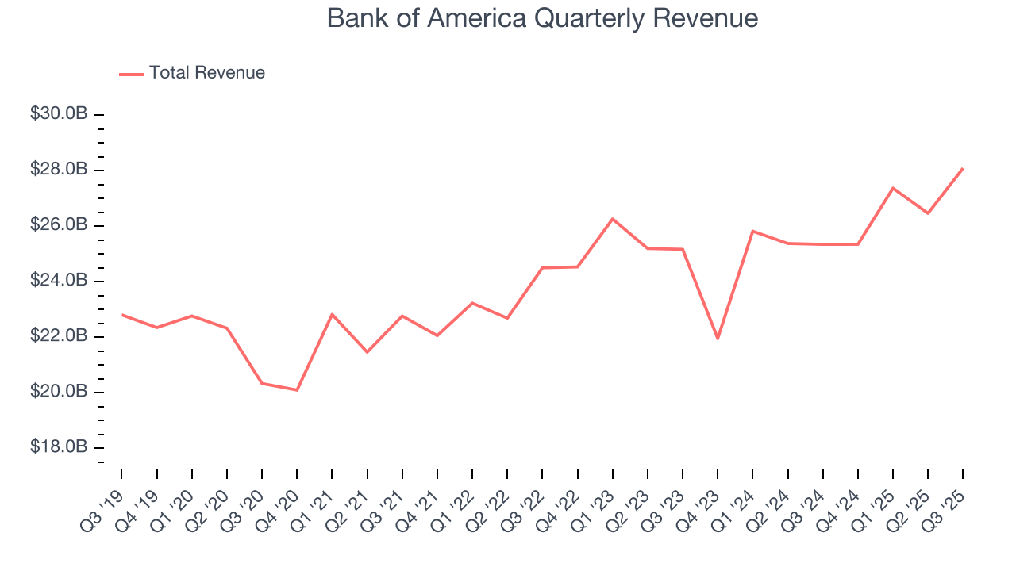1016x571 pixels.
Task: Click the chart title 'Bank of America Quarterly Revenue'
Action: pos(542,18)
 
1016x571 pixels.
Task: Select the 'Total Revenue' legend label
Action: pos(206,73)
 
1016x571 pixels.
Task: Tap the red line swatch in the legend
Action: pos(131,74)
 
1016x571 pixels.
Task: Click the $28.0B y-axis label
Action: pos(59,170)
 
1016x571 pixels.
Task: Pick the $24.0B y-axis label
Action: pos(59,281)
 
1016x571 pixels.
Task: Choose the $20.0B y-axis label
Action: pos(59,392)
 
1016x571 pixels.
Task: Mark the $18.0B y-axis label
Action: pos(59,447)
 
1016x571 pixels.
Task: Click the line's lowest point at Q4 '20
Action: pos(297,390)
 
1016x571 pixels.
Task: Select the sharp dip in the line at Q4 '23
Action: pos(718,339)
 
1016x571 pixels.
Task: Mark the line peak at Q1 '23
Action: pos(613,219)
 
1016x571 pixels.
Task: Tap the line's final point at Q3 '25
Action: pos(963,168)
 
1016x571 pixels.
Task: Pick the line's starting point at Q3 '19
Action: pos(121,315)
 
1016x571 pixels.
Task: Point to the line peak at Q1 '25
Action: pos(893,188)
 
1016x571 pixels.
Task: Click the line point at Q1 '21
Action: pos(332,314)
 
